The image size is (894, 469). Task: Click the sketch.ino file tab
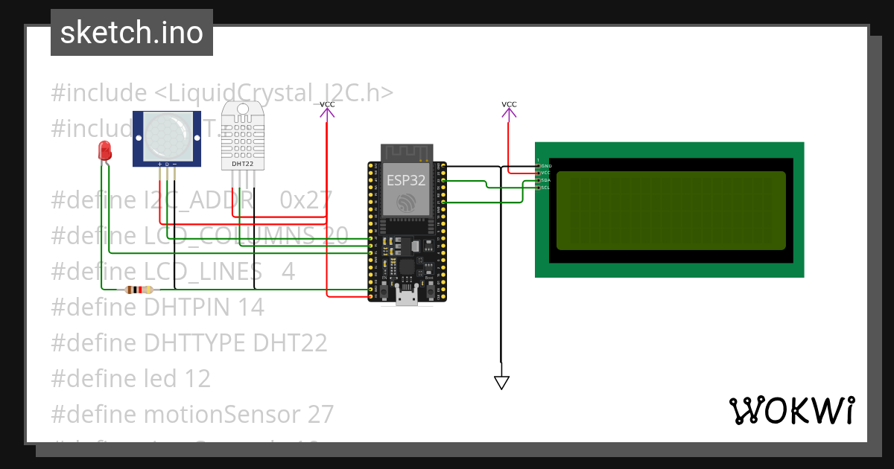(131, 33)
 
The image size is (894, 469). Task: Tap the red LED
(105, 150)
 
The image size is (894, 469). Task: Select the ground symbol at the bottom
(501, 382)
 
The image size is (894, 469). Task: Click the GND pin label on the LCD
(545, 165)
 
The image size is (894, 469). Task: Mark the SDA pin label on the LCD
(545, 180)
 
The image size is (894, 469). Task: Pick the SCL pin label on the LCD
(545, 188)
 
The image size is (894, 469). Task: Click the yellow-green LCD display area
(670, 210)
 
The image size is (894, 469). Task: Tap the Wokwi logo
(791, 410)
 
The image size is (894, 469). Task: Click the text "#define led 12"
(130, 378)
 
